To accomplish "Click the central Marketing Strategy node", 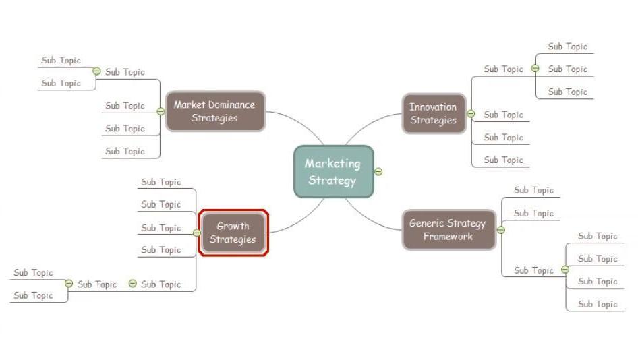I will pos(333,171).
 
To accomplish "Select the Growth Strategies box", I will pos(233,233).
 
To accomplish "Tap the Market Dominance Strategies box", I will pos(214,111).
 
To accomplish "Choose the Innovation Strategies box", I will pos(433,113).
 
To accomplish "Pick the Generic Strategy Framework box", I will pos(448,230).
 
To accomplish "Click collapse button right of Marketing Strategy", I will pos(378,171).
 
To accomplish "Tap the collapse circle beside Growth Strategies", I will pos(197,233).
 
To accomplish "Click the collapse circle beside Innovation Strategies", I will pos(471,114).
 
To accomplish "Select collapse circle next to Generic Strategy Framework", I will pos(501,230).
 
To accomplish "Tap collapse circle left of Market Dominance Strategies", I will pos(161,111).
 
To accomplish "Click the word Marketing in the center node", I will pos(332,163).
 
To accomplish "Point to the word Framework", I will pos(448,237).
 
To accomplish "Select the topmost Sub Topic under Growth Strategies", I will pos(161,182).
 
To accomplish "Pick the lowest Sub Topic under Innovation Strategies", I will pos(503,160).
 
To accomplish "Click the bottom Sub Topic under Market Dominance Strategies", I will pos(125,151).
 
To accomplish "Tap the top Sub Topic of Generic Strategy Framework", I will pos(533,190).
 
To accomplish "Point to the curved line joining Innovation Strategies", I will pos(368,125).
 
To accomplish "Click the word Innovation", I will pos(433,107).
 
